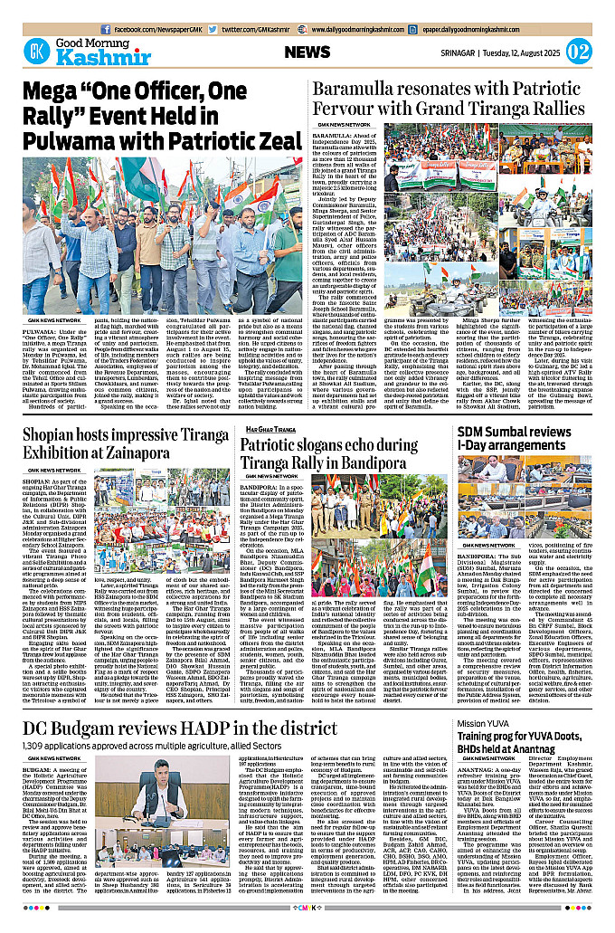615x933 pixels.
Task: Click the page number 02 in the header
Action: point(578,51)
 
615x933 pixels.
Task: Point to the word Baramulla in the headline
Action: point(357,90)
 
